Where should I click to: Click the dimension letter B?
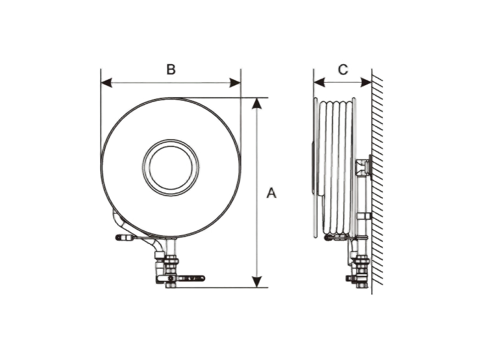pos(171,69)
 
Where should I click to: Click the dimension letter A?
pos(271,193)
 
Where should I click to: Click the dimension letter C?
pos(343,70)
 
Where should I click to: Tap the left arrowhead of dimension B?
pos(106,83)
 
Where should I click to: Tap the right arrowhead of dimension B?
pos(235,83)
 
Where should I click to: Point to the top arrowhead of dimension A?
pos(257,103)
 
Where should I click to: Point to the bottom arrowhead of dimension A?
pos(257,282)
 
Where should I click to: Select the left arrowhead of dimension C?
pos(319,82)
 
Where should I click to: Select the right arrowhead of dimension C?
pos(367,82)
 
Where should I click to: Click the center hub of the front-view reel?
pos(171,167)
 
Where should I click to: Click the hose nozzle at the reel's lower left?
pos(124,237)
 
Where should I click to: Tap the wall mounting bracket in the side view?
pos(364,167)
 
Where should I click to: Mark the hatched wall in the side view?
pos(377,181)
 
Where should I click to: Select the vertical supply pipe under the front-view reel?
pos(170,247)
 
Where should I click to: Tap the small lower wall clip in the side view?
pos(364,216)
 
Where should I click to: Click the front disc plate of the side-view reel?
pos(315,167)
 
